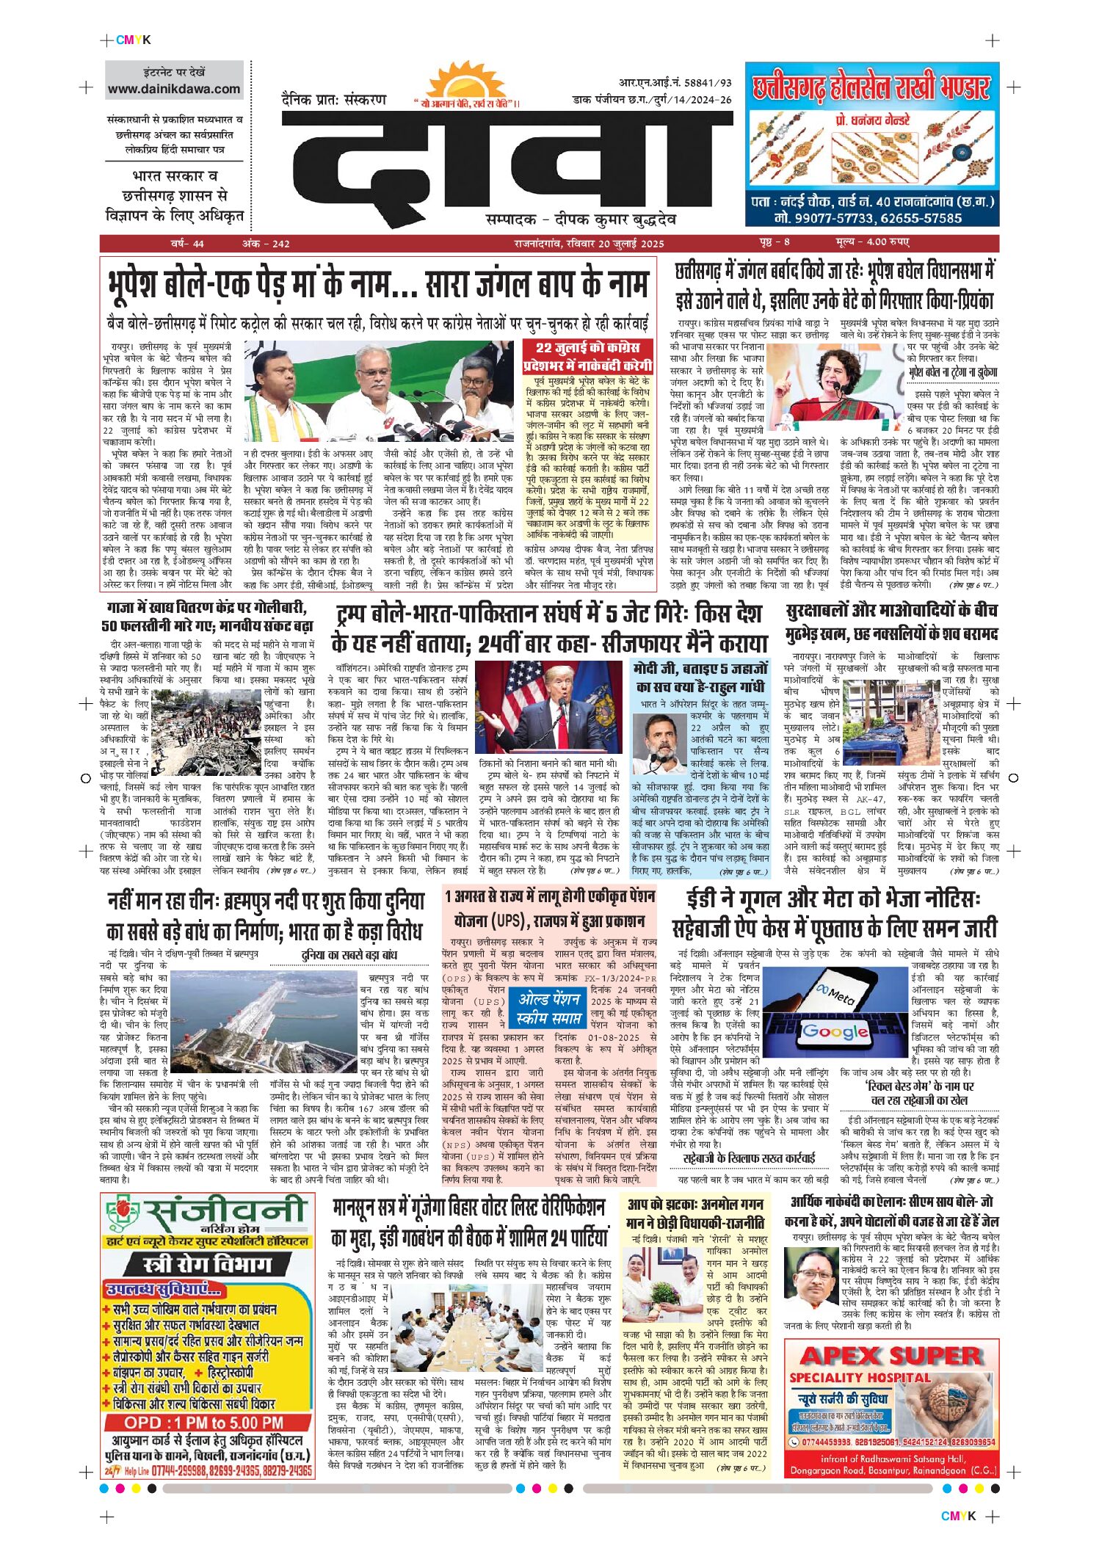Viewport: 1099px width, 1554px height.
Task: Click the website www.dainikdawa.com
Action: click(x=174, y=90)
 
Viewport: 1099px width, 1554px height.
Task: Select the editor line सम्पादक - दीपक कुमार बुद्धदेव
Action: click(x=581, y=219)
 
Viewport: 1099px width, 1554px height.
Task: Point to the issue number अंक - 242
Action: click(x=266, y=244)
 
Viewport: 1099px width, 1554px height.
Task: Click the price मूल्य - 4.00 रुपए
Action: click(x=871, y=242)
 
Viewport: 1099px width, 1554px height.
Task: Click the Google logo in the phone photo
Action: click(x=835, y=1031)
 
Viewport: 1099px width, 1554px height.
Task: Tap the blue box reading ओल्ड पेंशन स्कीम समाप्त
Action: click(x=549, y=1009)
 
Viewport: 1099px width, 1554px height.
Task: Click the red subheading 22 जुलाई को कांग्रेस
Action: click(x=587, y=348)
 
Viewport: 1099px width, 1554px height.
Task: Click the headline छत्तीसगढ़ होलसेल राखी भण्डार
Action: click(x=871, y=88)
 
